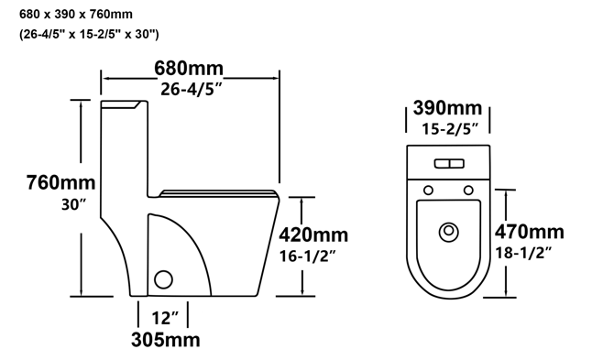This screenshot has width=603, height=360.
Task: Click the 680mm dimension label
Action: (189, 69)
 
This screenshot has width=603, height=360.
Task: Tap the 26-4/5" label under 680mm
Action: (192, 89)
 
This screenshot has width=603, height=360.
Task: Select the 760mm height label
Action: (60, 182)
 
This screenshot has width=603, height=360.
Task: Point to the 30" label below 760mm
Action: (73, 204)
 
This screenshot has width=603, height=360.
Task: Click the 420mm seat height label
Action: (313, 235)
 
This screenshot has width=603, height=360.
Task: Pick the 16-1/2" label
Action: (308, 256)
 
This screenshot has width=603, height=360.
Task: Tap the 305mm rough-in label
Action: (165, 340)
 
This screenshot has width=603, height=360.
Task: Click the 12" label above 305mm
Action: (165, 318)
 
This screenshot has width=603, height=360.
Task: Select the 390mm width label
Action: (447, 108)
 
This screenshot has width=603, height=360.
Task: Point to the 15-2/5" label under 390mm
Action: (450, 129)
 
